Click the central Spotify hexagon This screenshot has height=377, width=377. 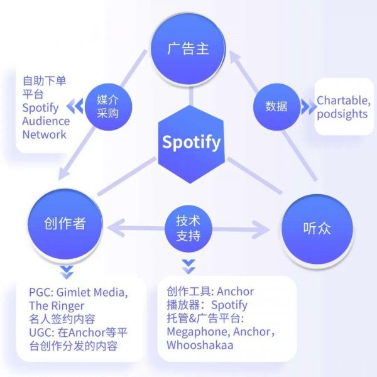pyautogui.click(x=191, y=143)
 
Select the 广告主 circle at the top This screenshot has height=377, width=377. pyautogui.click(x=188, y=48)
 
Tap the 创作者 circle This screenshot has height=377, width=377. pyautogui.click(x=65, y=224)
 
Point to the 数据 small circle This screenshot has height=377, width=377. pyautogui.click(x=276, y=106)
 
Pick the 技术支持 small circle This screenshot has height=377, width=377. pyautogui.click(x=188, y=228)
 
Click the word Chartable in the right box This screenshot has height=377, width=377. pyautogui.click(x=342, y=101)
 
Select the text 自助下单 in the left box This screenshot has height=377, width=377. pyautogui.click(x=44, y=80)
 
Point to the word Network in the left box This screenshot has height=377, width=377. pyautogui.click(x=44, y=134)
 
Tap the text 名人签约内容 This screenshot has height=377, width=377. pyautogui.click(x=62, y=319)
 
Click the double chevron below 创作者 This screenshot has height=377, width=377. pyautogui.click(x=67, y=271)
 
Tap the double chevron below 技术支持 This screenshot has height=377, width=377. pyautogui.click(x=188, y=267)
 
